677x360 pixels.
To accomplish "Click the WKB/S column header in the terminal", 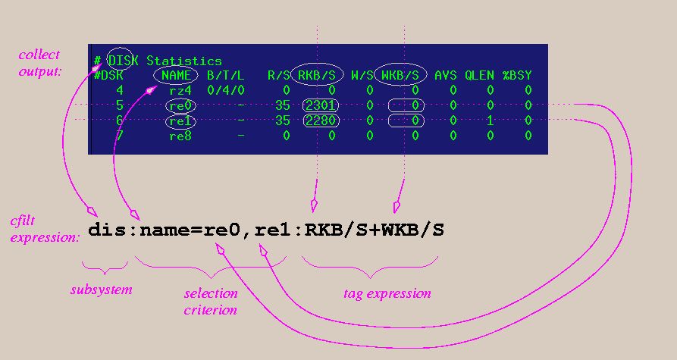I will (400, 75).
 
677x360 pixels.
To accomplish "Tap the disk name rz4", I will (180, 89).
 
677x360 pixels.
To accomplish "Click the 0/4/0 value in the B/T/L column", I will (224, 89).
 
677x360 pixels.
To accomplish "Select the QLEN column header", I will (478, 75).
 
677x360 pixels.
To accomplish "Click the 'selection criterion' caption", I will (211, 302).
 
